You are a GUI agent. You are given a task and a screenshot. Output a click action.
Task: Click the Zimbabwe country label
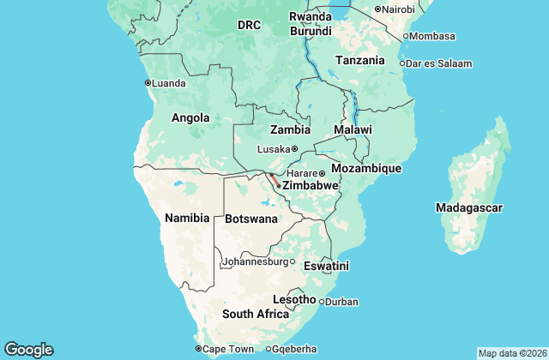coord(311,185)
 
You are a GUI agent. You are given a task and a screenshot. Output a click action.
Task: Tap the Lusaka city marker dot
coord(294,149)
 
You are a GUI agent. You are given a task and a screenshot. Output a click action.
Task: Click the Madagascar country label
coord(470,208)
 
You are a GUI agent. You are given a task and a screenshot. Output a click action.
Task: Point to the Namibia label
coord(187,218)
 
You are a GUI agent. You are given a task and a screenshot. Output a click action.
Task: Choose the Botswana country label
coord(251,219)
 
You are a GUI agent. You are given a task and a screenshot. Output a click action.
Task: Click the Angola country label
coord(190,117)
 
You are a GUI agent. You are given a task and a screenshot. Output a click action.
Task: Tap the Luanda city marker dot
coord(147,83)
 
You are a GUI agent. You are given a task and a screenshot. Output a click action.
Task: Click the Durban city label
coord(342,302)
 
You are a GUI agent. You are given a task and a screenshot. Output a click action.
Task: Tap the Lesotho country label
coord(294,299)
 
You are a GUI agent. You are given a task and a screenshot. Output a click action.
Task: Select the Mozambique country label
coord(366,168)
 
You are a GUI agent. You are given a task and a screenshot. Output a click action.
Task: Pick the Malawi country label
coord(353,129)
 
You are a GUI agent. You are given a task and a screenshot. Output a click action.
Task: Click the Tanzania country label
coord(360,61)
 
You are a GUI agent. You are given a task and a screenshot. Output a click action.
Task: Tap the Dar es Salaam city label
coord(438,63)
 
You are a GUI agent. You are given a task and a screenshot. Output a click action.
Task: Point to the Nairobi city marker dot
coord(377,9)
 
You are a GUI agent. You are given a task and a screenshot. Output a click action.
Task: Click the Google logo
coord(28,349)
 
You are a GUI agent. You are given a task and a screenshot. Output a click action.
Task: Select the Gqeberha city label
coord(295,349)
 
